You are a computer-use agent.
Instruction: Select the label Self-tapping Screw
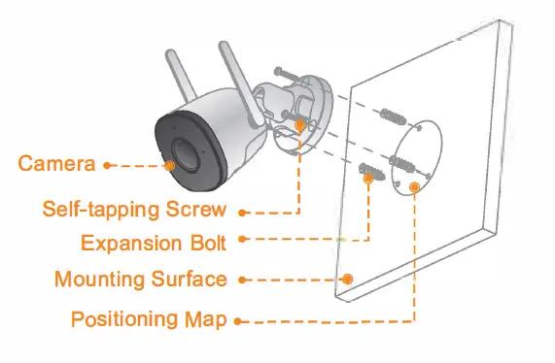pyautogui.click(x=134, y=210)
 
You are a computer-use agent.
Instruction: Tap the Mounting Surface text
pyautogui.click(x=140, y=280)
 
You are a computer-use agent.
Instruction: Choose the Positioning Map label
pyautogui.click(x=148, y=318)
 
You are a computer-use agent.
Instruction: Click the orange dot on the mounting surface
pyautogui.click(x=346, y=279)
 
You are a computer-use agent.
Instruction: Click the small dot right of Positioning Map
pyautogui.click(x=239, y=319)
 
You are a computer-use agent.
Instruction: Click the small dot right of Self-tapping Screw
pyautogui.click(x=242, y=210)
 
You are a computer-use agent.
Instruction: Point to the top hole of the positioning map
pyautogui.click(x=417, y=127)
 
